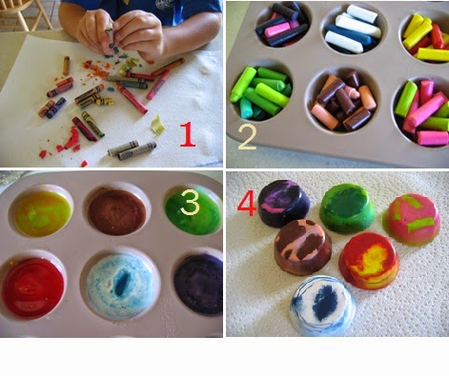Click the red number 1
[188, 134]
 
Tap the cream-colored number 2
[247, 137]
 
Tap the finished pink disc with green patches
[413, 219]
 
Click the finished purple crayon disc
[284, 203]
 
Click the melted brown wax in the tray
[117, 212]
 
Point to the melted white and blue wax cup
[121, 287]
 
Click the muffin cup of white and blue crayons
[353, 30]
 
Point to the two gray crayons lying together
[132, 149]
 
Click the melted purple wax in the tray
[198, 285]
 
